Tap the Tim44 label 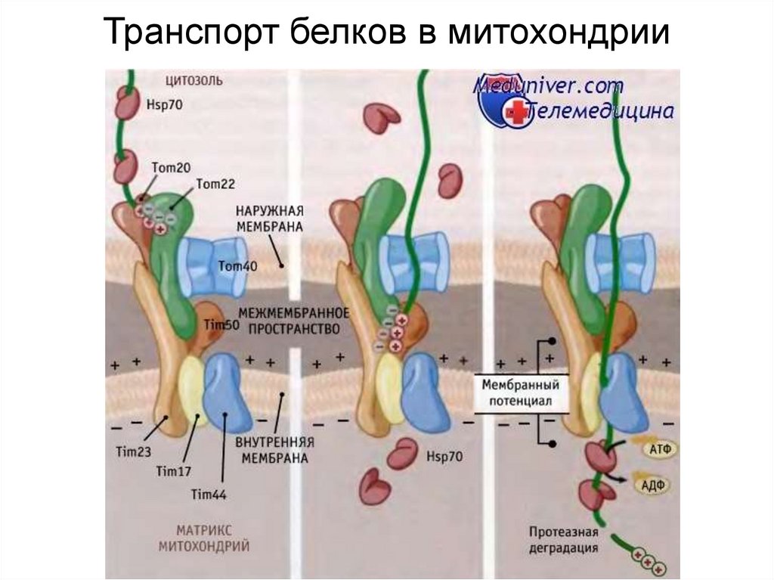coord(209,495)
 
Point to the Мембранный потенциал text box coord(512,392)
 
